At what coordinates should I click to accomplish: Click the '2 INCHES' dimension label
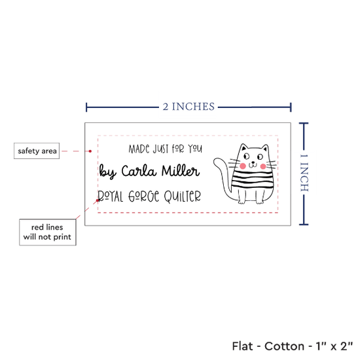[189, 107]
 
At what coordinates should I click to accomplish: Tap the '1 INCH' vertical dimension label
[304, 173]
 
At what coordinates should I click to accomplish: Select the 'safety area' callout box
[37, 151]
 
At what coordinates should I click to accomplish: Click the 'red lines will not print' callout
[48, 232]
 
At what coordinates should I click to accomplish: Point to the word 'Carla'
[139, 171]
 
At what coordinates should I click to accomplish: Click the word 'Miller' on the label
[181, 171]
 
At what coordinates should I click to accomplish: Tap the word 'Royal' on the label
[110, 196]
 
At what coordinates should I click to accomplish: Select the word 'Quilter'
[183, 197]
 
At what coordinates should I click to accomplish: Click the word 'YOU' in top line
[195, 149]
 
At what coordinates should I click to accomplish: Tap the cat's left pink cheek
[243, 166]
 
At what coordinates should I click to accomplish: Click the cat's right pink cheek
[263, 166]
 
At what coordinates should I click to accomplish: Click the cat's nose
[253, 162]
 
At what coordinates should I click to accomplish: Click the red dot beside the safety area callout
[90, 151]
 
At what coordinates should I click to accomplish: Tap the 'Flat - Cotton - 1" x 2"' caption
[293, 346]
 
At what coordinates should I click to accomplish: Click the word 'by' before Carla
[107, 171]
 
